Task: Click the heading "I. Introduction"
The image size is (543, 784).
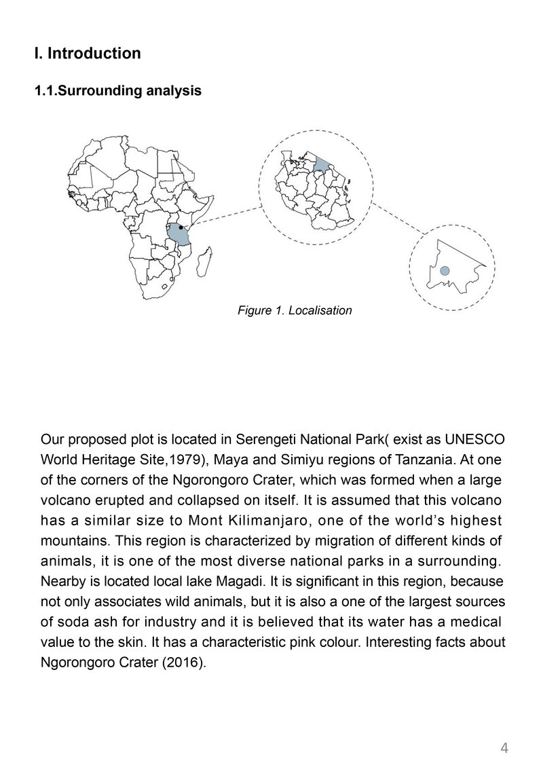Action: point(88,53)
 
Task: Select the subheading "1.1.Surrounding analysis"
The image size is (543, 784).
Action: point(117,90)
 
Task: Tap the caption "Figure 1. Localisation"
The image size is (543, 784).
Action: point(295,311)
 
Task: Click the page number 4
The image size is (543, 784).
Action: point(504,749)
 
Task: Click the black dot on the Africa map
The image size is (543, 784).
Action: point(181,227)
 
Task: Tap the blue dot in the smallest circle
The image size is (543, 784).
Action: point(445,271)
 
